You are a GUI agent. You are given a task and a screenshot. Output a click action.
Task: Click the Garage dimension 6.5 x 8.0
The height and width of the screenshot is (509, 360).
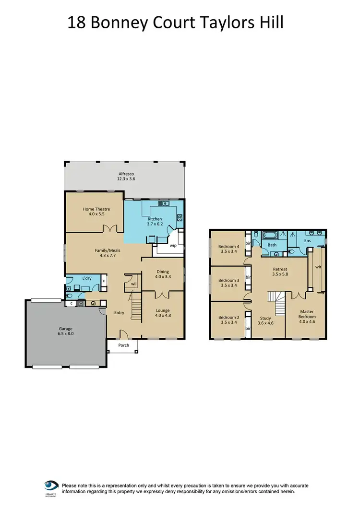tap(66, 334)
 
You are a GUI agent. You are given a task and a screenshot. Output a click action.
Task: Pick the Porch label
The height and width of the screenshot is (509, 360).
tap(124, 345)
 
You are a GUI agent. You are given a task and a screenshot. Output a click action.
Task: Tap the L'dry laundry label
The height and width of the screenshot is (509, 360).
tap(87, 278)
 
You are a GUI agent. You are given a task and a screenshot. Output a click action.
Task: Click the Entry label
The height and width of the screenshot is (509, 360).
tap(119, 313)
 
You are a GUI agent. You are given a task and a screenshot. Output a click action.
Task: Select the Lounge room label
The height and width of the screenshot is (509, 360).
tap(163, 310)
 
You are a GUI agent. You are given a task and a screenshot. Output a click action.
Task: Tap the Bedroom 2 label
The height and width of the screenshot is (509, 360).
tap(228, 317)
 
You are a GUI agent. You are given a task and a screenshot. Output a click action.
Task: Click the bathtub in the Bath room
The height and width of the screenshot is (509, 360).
tap(271, 235)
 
